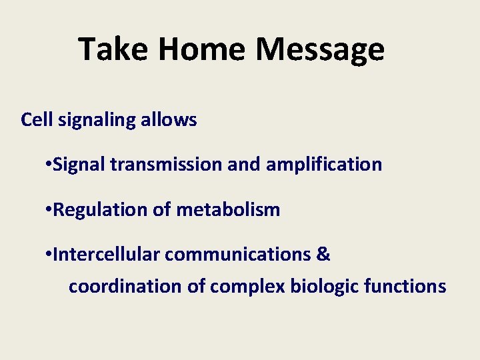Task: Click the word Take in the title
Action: point(111,49)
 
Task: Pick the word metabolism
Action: point(228,210)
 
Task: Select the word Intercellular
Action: point(106,255)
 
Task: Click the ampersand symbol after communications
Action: point(323,255)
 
